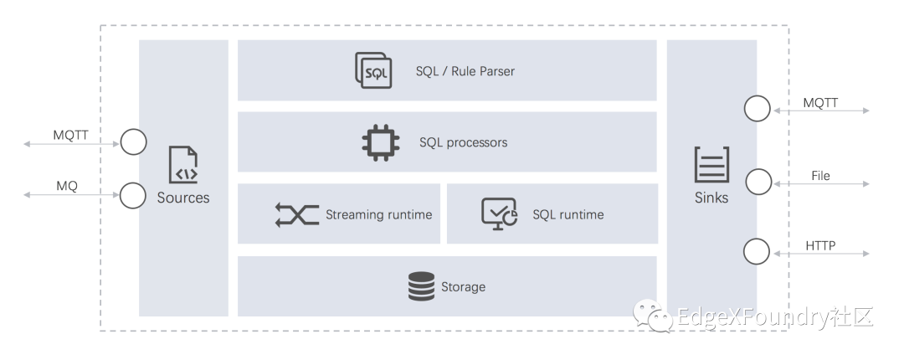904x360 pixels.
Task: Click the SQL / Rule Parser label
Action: click(465, 71)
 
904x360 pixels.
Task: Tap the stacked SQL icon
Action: click(373, 70)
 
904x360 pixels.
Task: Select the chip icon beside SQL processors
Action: click(381, 142)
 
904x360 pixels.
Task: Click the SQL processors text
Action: click(463, 142)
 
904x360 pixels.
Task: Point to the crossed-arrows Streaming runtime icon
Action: click(296, 215)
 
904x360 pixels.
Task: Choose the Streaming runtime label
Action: click(378, 215)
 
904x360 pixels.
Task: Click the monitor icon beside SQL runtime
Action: click(499, 214)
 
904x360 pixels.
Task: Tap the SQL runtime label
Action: click(568, 215)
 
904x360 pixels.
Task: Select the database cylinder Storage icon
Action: click(421, 286)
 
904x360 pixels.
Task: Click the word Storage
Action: click(463, 287)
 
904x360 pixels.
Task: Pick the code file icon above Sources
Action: click(183, 166)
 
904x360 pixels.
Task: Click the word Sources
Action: click(183, 198)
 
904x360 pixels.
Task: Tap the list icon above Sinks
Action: click(711, 165)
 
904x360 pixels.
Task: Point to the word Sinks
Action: click(711, 198)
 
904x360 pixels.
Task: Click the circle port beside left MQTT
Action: click(133, 141)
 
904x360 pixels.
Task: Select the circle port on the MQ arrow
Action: click(133, 196)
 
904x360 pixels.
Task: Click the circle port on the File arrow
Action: click(758, 181)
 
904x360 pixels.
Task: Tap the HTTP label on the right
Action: click(821, 246)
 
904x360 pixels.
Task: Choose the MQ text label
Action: click(67, 187)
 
